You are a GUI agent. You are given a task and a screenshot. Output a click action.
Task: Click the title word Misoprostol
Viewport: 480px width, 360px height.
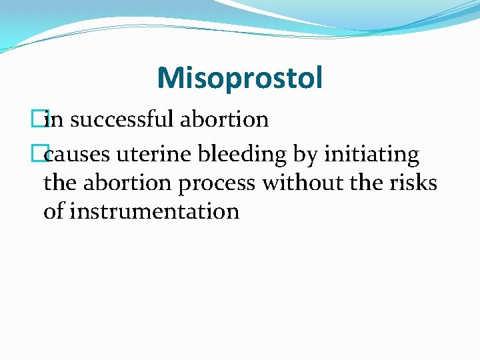tap(239, 78)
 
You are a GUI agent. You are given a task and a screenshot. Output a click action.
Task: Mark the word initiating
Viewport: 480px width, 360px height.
tap(371, 155)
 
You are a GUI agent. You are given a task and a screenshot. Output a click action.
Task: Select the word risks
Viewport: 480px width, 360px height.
tap(413, 183)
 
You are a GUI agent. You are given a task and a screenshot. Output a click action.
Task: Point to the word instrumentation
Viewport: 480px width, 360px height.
tap(154, 211)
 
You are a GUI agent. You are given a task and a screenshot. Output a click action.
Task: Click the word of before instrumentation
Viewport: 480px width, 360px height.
tap(53, 211)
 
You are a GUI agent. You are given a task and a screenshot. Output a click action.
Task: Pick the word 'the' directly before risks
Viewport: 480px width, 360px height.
tap(370, 183)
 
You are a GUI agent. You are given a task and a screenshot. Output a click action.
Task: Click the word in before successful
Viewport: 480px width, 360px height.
tap(57, 119)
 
